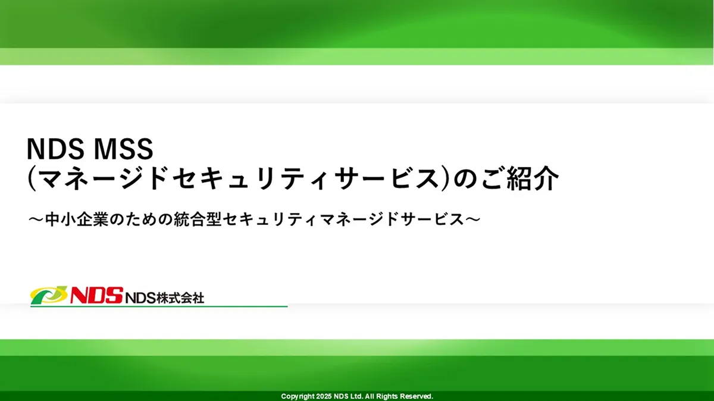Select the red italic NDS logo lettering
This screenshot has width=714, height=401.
click(95, 296)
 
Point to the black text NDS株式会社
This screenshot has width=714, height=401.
click(165, 297)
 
